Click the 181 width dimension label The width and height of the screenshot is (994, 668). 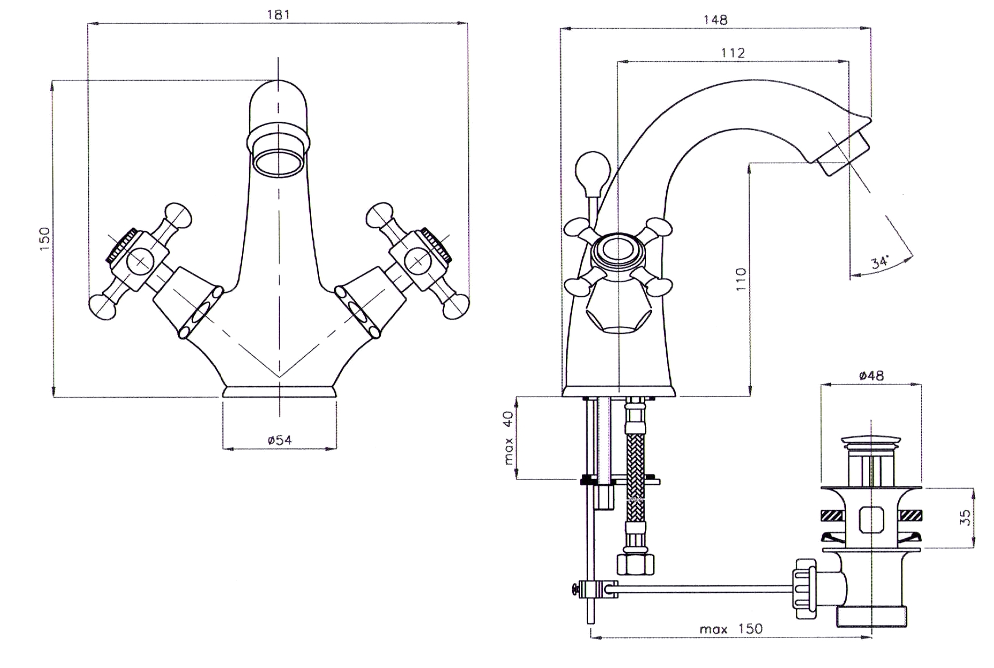278,14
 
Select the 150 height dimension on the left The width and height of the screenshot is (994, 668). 44,239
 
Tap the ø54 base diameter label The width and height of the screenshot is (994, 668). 279,440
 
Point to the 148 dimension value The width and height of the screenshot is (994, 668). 715,20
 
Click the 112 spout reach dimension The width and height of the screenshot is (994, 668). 733,53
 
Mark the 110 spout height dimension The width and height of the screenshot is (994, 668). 741,279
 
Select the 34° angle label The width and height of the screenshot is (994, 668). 880,262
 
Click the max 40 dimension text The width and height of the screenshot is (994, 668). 508,438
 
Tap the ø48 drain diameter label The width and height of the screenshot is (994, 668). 871,376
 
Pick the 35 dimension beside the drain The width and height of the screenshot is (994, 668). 967,516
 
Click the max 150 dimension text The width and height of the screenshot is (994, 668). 731,628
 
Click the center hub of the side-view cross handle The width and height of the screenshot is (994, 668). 616,251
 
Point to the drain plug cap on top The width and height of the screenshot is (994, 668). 871,443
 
